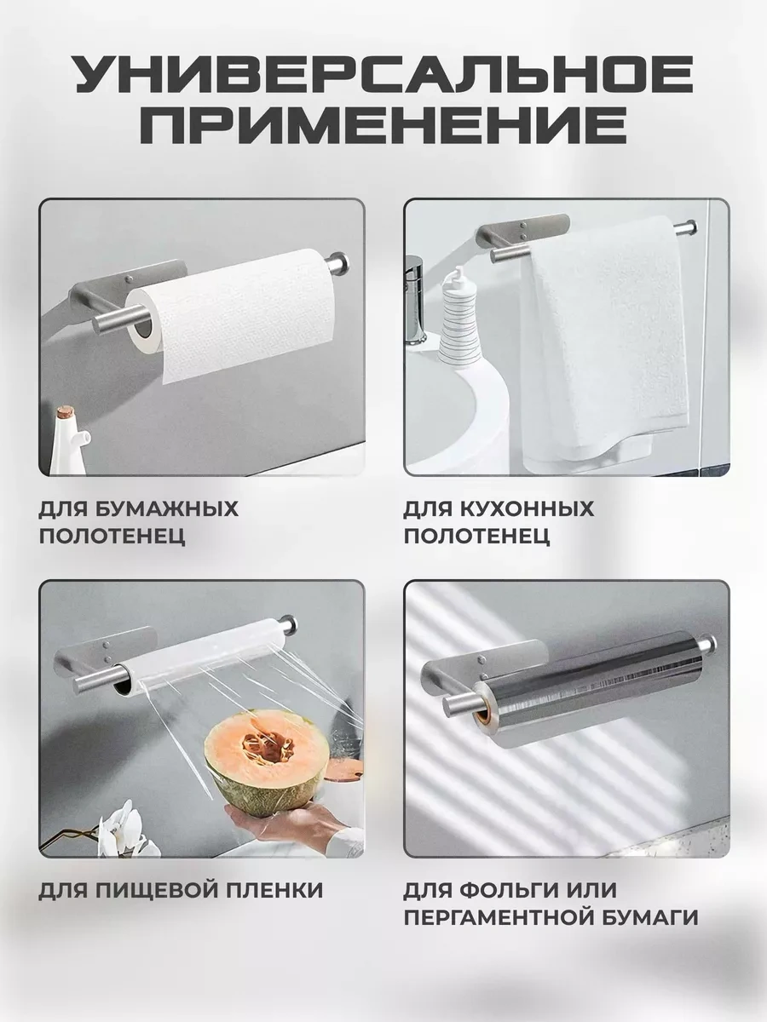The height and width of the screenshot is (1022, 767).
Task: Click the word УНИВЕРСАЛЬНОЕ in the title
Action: pos(383,76)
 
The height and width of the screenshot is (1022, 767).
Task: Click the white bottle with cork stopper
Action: pos(70,441)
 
